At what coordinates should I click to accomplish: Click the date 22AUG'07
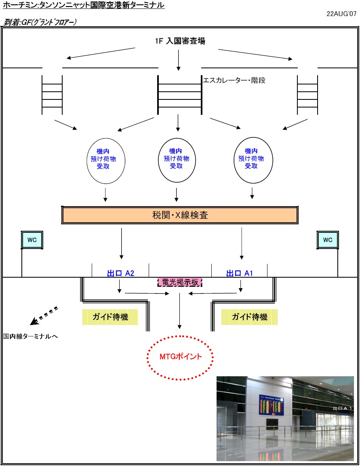pyautogui.click(x=341, y=13)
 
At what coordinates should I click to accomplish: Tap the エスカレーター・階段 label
pyautogui.click(x=234, y=80)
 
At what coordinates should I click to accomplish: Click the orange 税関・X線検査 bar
pyautogui.click(x=179, y=215)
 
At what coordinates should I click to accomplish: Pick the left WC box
pyautogui.click(x=32, y=240)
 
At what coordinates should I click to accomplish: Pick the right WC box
pyautogui.click(x=328, y=240)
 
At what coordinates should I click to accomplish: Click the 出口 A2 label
pyautogui.click(x=120, y=273)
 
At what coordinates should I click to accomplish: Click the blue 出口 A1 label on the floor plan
pyautogui.click(x=240, y=273)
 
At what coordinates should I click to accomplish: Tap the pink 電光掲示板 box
pyautogui.click(x=179, y=282)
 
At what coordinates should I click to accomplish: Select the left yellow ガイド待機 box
pyautogui.click(x=110, y=317)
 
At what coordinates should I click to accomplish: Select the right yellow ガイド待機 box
pyautogui.click(x=249, y=317)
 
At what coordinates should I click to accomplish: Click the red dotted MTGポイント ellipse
pyautogui.click(x=180, y=357)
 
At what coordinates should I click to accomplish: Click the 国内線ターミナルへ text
pyautogui.click(x=31, y=336)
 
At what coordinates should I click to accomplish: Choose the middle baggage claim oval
pyautogui.click(x=176, y=159)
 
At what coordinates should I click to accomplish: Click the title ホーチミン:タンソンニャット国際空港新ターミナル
pyautogui.click(x=84, y=5)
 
